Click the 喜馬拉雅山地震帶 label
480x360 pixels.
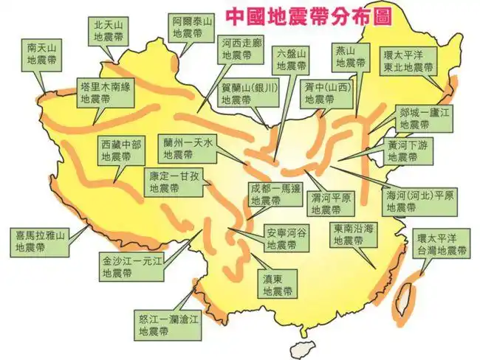(x=41, y=242)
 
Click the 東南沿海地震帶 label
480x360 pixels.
(x=351, y=235)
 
